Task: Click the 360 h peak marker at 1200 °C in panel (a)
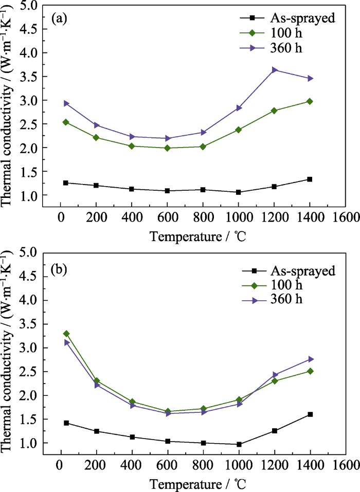tap(275, 70)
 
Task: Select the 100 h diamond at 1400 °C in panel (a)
tap(310, 101)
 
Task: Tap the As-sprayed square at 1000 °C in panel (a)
tap(239, 192)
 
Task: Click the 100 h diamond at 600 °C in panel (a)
tap(167, 148)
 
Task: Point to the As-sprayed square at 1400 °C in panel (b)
tap(310, 414)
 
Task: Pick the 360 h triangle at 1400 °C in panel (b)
tap(310, 359)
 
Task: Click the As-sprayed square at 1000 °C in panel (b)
tap(239, 444)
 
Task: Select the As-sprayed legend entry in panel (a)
tap(287, 18)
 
